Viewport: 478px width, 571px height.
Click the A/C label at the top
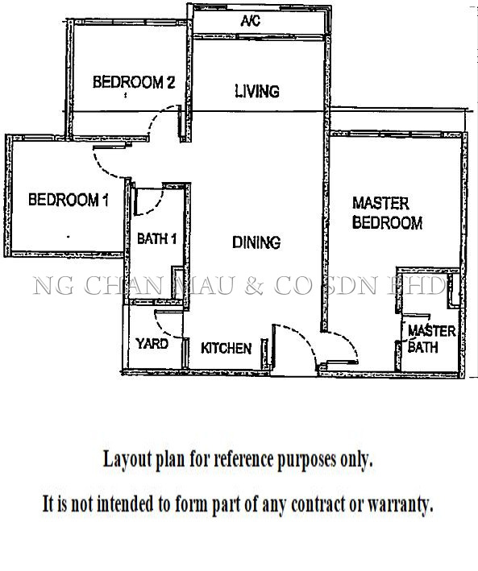250,21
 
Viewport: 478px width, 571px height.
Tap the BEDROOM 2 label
134,82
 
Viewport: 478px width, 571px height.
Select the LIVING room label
257,91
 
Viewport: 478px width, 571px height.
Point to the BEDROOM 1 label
69,200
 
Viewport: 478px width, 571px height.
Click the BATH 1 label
157,239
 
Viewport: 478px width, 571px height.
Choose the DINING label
256,242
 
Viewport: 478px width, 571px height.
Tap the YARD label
152,343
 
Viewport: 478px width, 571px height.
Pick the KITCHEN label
226,348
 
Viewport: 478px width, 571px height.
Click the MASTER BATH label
431,339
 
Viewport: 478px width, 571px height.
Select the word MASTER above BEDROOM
380,204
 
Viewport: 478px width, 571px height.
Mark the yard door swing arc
162,329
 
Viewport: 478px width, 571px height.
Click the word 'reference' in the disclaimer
243,460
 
